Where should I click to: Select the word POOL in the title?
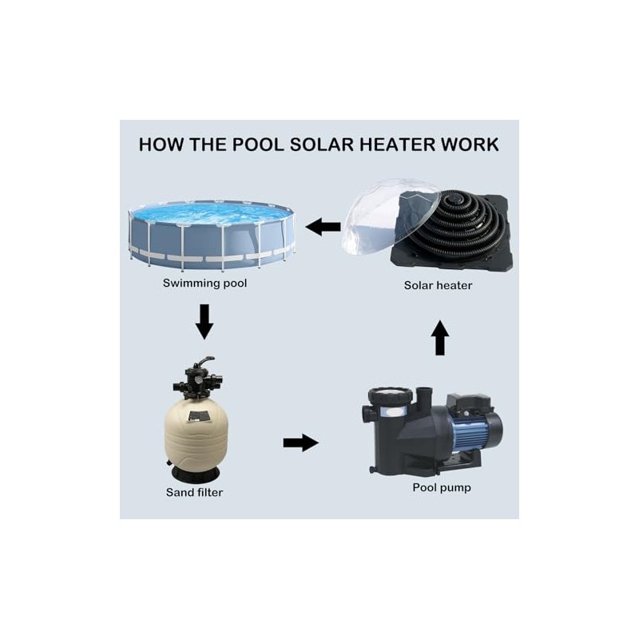tap(258, 145)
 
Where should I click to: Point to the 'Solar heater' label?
tap(438, 285)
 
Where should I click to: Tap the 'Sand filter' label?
tap(194, 492)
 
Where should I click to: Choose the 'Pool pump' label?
tap(442, 487)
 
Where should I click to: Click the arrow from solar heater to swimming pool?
tap(323, 228)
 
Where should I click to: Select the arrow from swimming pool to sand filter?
tap(204, 321)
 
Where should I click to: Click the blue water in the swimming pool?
tap(212, 213)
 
